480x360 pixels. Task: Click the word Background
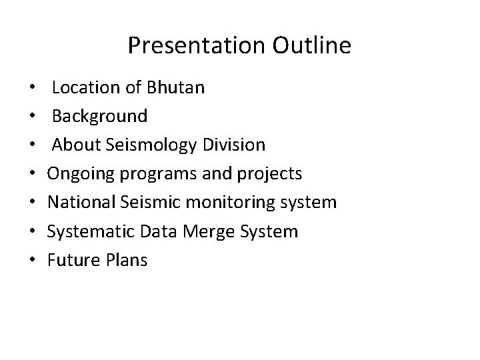100,116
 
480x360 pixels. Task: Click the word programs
151,175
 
